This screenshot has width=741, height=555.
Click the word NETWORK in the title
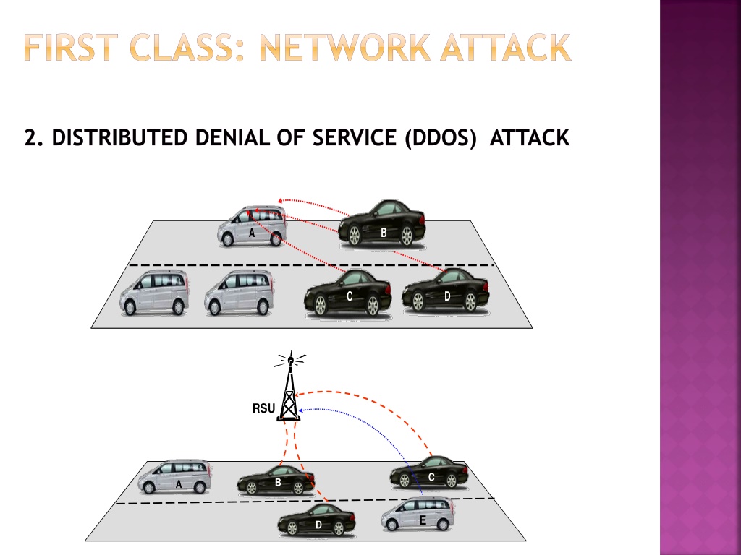point(346,48)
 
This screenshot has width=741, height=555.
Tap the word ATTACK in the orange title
point(506,48)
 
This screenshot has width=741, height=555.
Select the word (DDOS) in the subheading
point(441,138)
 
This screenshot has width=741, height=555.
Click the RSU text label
point(263,408)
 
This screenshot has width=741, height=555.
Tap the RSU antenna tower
point(289,387)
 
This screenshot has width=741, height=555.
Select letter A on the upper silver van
point(252,233)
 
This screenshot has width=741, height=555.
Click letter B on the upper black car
point(384,233)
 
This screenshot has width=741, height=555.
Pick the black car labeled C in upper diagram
point(348,293)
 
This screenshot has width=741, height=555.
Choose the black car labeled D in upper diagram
point(446,291)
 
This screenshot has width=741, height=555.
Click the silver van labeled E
point(418,515)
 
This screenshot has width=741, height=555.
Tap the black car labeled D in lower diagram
point(317,520)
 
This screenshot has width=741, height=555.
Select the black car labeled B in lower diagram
point(276,480)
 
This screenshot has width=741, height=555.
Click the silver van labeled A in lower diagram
point(175,477)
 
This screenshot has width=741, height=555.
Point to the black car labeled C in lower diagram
point(429,472)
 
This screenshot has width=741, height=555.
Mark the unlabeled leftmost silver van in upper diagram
point(155,293)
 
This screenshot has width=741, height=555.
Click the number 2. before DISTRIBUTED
point(33,138)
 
